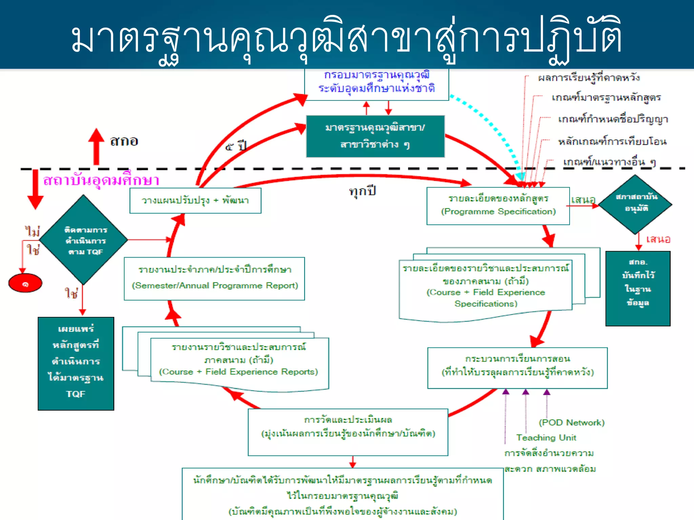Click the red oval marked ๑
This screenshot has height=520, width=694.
[25, 283]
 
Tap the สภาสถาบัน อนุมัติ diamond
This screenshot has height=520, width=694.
[636, 204]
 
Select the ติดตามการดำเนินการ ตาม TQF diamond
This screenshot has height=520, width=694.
[84, 240]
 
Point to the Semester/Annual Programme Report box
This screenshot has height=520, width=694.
[214, 278]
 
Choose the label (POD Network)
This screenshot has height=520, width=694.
[571, 422]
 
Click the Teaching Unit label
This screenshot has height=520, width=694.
[546, 437]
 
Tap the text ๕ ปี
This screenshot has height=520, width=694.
[236, 147]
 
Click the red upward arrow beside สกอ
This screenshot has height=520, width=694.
[96, 146]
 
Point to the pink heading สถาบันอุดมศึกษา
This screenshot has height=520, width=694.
[101, 180]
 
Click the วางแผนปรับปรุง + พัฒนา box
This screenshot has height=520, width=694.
[195, 200]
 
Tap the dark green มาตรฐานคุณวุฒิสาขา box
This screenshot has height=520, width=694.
[375, 136]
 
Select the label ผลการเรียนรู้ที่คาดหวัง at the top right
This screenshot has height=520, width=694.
[589, 78]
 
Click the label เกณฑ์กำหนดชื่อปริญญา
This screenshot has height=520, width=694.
[613, 119]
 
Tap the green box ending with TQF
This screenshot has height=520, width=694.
[76, 363]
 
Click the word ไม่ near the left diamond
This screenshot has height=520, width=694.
[33, 232]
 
